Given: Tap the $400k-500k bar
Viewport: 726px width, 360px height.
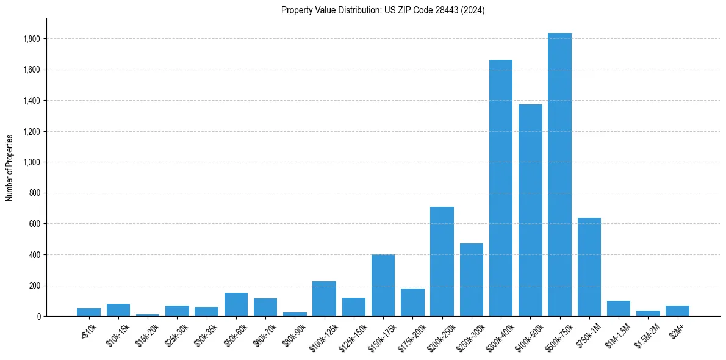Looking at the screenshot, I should coord(530,210).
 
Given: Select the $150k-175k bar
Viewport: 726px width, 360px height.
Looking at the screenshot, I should coord(383,285).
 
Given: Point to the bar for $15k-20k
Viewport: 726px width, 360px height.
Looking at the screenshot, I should coord(148,315).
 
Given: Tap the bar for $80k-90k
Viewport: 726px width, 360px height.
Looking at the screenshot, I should coord(295,314).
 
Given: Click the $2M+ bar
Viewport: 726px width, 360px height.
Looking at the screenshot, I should coord(677,311).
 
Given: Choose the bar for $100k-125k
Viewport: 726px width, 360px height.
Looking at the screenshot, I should coord(324,298).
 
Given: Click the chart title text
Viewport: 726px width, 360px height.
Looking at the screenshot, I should coord(383,10).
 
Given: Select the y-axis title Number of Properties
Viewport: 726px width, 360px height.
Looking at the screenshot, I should coord(10,167).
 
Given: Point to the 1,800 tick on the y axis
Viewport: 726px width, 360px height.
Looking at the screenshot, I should coord(31,39).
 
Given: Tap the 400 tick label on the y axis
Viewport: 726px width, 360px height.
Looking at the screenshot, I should coord(34,254).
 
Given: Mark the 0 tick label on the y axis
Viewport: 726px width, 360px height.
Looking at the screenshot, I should coord(38,316).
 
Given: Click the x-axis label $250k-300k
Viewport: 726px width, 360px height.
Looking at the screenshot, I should coord(469,334).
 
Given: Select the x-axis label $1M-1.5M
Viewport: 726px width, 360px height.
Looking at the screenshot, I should coord(616,334).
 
